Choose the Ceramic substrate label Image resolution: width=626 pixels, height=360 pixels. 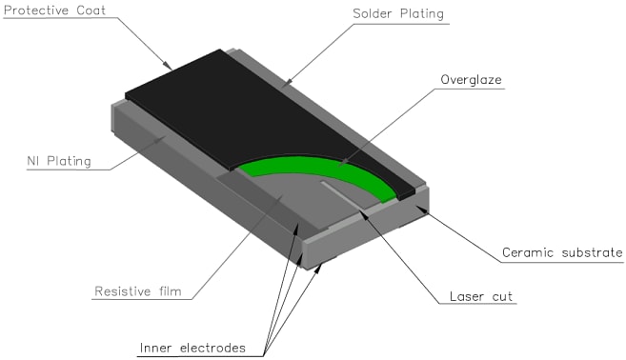561,253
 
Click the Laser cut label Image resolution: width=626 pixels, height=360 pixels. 481,296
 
